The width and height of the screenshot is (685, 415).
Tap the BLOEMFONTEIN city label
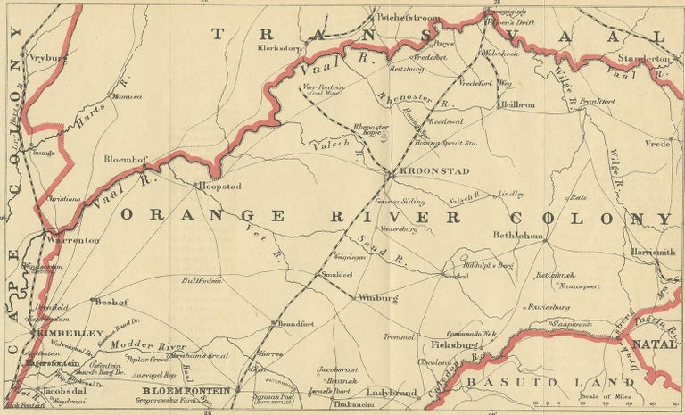(x=186, y=391)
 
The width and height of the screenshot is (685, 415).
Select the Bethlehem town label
(x=517, y=235)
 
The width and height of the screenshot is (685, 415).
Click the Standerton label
(x=640, y=58)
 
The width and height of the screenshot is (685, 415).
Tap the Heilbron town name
(x=518, y=104)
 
